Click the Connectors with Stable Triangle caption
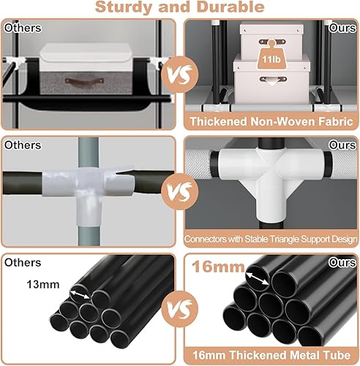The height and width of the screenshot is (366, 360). tap(271, 239)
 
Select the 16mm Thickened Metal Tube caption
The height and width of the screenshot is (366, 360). tap(271, 354)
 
